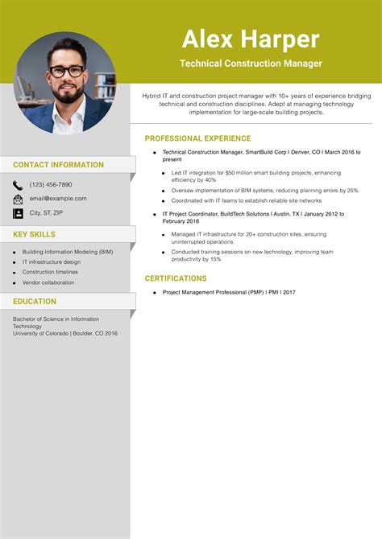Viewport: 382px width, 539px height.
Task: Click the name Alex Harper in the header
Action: point(251,39)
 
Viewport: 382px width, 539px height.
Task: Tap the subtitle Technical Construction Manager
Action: point(251,63)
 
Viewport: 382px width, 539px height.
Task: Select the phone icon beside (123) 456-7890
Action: point(18,184)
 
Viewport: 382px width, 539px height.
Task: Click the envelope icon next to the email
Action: point(18,199)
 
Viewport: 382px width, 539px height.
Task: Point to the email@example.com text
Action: point(58,198)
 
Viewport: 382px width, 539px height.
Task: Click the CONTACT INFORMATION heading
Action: point(58,165)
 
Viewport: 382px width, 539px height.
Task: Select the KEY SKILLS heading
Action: point(34,234)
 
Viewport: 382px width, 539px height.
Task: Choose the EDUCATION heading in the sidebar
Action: point(35,302)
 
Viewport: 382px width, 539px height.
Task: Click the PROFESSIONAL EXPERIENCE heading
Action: point(197,138)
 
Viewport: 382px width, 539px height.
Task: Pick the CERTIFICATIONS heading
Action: point(175,278)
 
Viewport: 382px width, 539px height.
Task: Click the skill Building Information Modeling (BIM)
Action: point(67,252)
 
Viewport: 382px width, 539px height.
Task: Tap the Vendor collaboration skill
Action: point(48,282)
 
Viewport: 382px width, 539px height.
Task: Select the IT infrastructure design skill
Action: point(52,261)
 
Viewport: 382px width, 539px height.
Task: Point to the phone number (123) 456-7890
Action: point(51,184)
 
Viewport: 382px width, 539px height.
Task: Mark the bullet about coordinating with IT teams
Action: point(247,200)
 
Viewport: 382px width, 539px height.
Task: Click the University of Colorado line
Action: point(65,333)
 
